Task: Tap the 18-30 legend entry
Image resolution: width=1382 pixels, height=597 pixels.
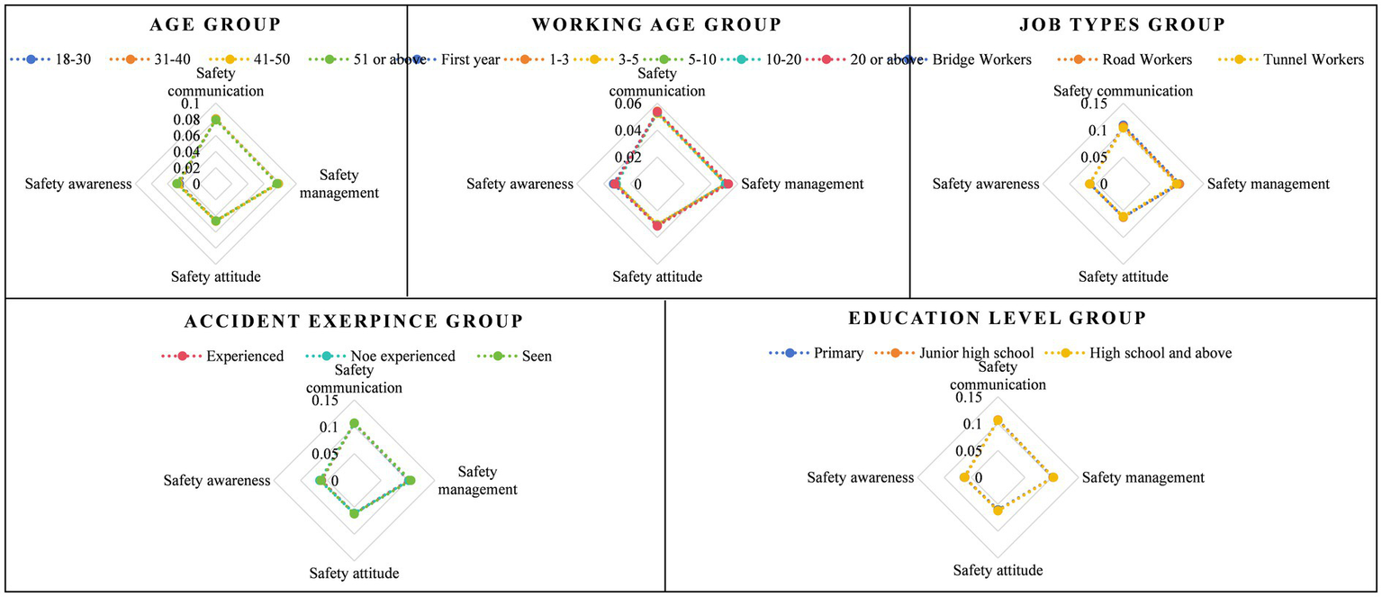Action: pyautogui.click(x=53, y=60)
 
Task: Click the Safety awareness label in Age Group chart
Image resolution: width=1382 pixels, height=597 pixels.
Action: pyautogui.click(x=78, y=185)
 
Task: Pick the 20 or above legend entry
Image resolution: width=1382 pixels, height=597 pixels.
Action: pyautogui.click(x=856, y=60)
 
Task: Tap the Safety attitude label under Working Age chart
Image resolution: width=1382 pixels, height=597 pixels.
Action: pyautogui.click(x=657, y=277)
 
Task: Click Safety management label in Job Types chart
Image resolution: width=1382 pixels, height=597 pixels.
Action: pyautogui.click(x=1268, y=185)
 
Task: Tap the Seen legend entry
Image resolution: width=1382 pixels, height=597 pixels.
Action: pyautogui.click(x=536, y=357)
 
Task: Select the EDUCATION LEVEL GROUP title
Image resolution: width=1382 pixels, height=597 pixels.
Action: pyautogui.click(x=997, y=318)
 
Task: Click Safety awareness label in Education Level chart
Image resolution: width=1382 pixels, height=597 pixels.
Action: pyautogui.click(x=860, y=478)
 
